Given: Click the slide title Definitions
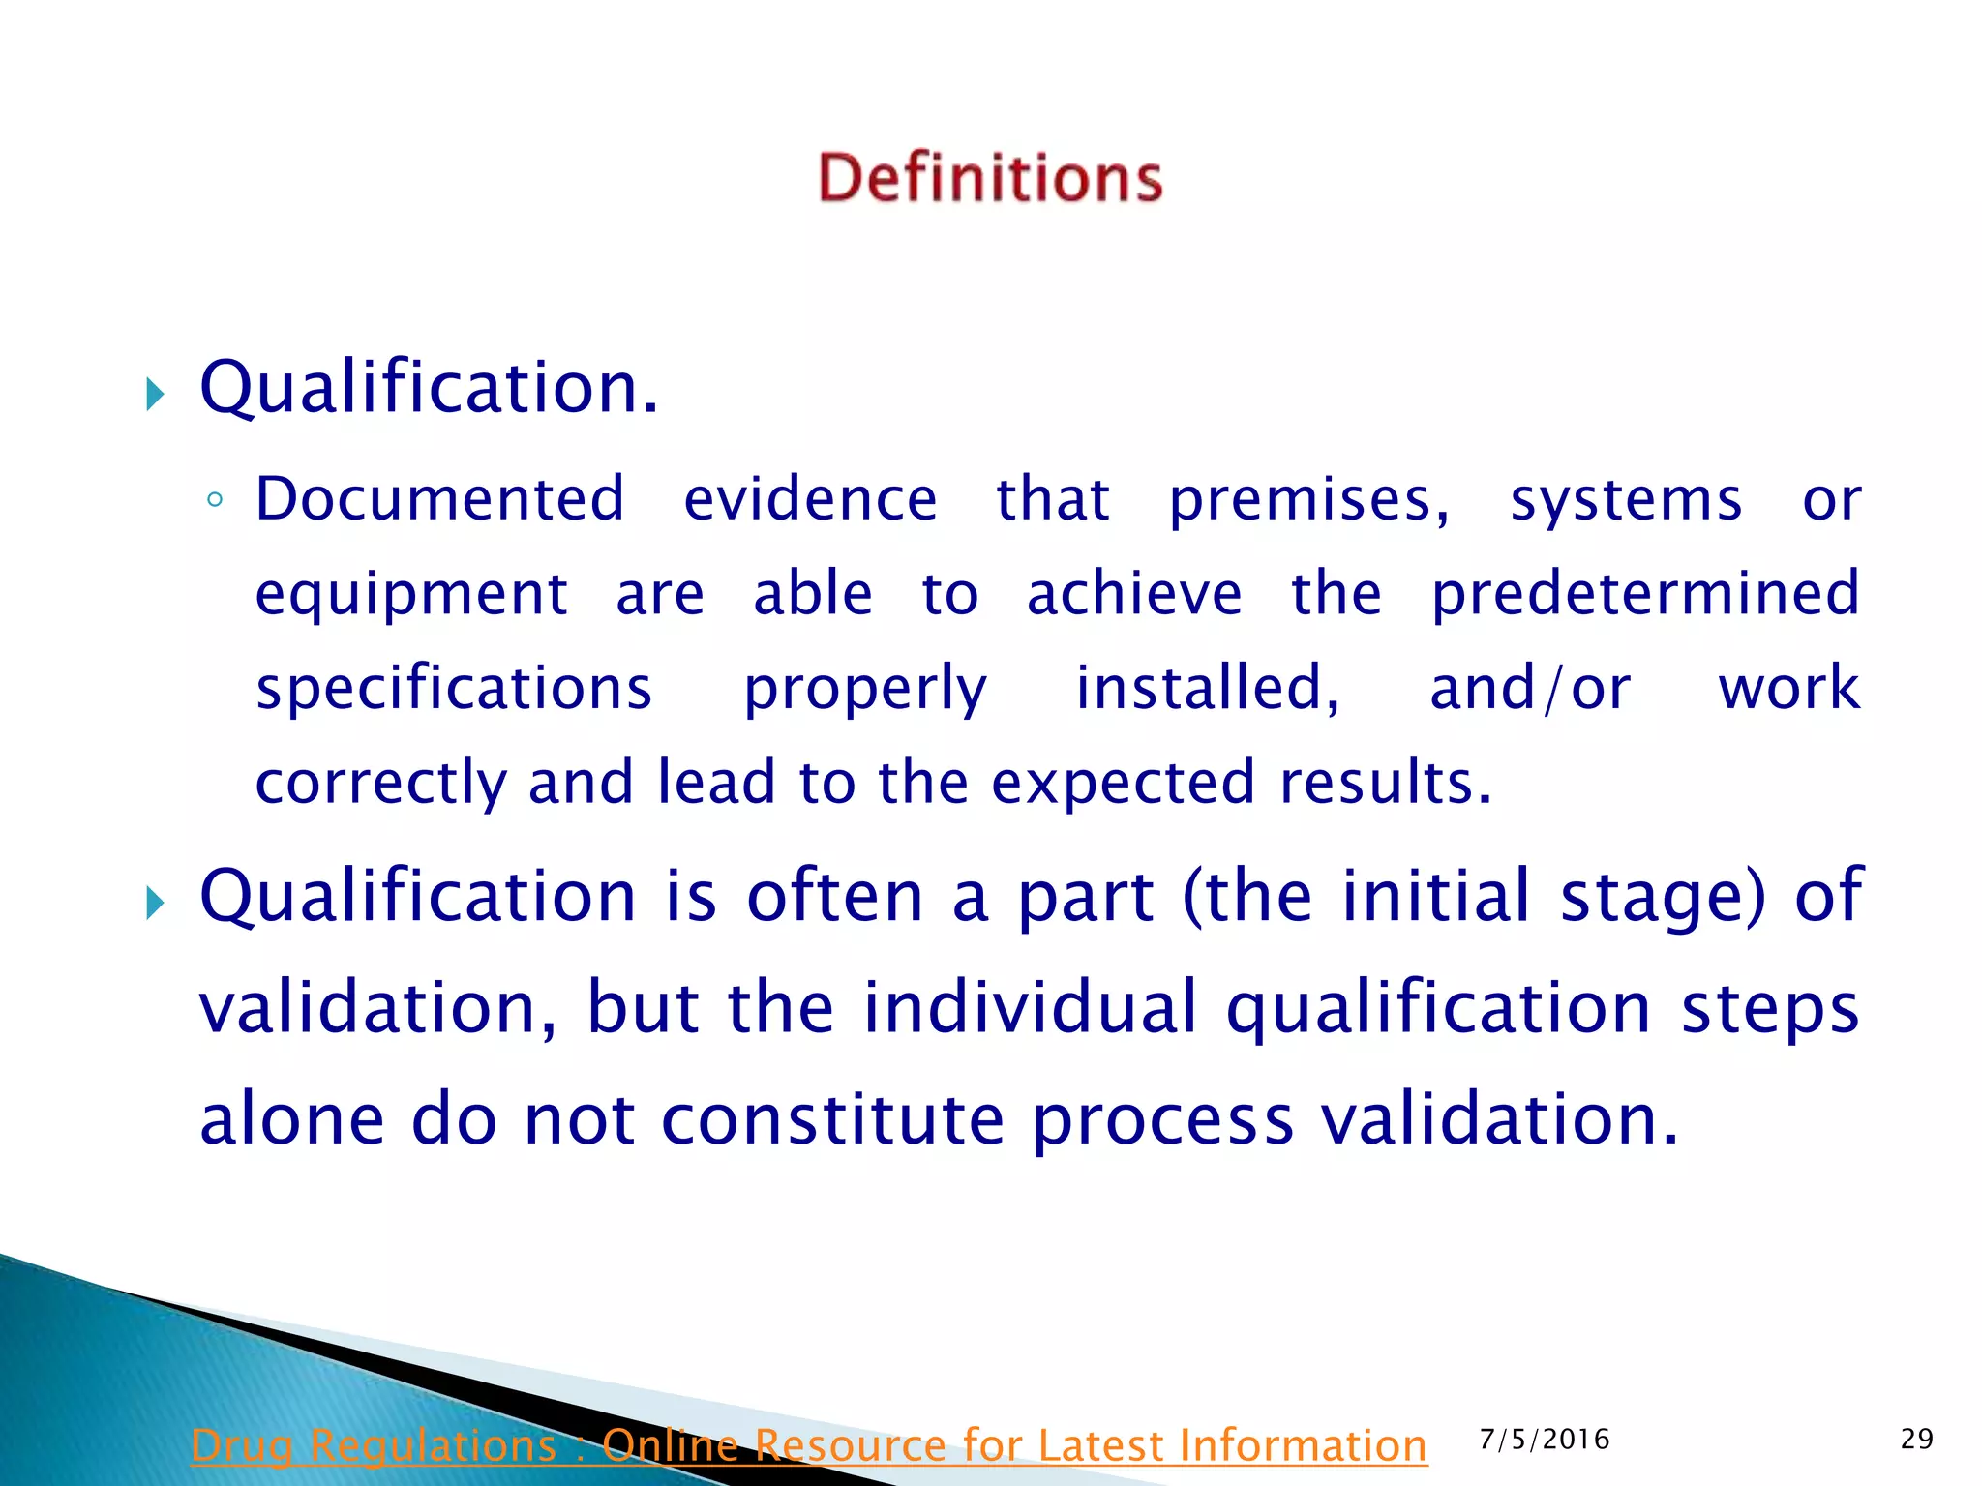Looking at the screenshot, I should coord(990,178).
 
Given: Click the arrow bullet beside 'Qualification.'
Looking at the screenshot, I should coord(155,394).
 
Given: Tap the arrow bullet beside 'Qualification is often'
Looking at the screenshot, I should coord(155,904).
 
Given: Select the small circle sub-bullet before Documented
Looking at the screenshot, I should coord(215,500).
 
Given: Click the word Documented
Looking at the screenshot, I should coord(439,499).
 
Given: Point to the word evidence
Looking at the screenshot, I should coord(810,499).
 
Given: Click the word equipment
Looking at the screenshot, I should coord(411,595).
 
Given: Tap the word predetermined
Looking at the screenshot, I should coord(1645,593).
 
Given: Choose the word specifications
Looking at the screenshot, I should coord(454,689).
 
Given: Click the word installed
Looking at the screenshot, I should coord(1208,688).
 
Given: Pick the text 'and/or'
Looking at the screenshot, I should coord(1530,689).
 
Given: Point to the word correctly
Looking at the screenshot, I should coord(380,783).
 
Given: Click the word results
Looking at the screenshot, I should coord(1385,782).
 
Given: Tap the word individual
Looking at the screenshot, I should coord(1031,1007).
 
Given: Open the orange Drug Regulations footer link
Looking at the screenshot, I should coord(809,1445).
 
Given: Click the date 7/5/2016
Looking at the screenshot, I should coord(1545,1440).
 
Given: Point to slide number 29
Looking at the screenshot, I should coord(1916,1440).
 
